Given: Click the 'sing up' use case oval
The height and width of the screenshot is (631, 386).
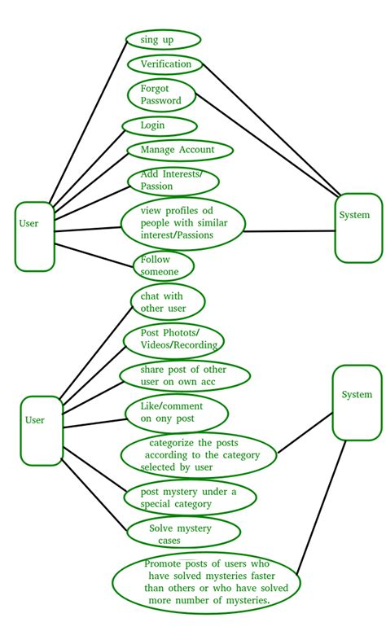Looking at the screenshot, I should pyautogui.click(x=163, y=39).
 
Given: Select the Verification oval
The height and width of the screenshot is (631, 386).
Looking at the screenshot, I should pyautogui.click(x=165, y=64).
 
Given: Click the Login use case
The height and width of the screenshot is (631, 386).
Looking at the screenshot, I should pyautogui.click(x=160, y=125).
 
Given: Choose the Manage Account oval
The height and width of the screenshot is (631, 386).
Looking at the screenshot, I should pyautogui.click(x=180, y=151).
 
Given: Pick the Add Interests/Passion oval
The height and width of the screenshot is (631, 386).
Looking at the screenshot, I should pyautogui.click(x=174, y=181).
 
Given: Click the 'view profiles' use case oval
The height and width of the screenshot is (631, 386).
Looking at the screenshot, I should pyautogui.click(x=183, y=223).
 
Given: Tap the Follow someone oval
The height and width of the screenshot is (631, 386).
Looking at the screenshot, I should pyautogui.click(x=163, y=266).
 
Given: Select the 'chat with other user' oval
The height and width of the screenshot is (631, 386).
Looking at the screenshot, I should pyautogui.click(x=168, y=302).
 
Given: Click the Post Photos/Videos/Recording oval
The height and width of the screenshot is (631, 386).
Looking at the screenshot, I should pyautogui.click(x=173, y=340).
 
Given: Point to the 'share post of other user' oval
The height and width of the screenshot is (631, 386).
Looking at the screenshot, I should pyautogui.click(x=184, y=375).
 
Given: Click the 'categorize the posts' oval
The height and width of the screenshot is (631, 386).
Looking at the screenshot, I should pyautogui.click(x=199, y=455).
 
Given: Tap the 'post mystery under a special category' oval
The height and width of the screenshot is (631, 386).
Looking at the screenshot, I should pyautogui.click(x=191, y=497).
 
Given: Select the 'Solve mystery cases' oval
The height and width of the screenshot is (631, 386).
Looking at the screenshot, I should pyautogui.click(x=184, y=533).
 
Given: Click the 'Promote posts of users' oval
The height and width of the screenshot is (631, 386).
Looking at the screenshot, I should pyautogui.click(x=205, y=582).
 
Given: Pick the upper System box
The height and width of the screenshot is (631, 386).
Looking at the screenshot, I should pyautogui.click(x=358, y=228).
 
